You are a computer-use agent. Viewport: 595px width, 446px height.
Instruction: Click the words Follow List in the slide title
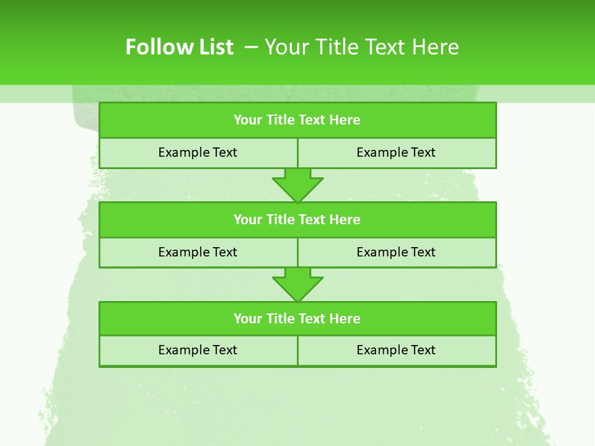[x=179, y=47]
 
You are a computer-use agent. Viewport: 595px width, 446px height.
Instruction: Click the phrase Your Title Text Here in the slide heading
[x=361, y=47]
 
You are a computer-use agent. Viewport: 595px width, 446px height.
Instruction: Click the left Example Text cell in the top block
[x=198, y=153]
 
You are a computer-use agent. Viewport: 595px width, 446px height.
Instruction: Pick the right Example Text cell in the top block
[x=396, y=153]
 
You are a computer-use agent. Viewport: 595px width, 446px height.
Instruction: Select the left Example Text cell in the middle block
[x=198, y=253]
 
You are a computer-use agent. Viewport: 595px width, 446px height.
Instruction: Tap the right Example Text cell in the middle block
[x=396, y=253]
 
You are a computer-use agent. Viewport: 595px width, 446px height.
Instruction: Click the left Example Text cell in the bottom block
[x=198, y=351]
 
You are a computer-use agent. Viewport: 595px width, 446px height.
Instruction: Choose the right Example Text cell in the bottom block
[x=396, y=351]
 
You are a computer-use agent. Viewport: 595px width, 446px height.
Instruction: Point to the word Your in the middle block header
[x=247, y=220]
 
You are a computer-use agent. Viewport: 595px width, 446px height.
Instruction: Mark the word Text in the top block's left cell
[x=225, y=153]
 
